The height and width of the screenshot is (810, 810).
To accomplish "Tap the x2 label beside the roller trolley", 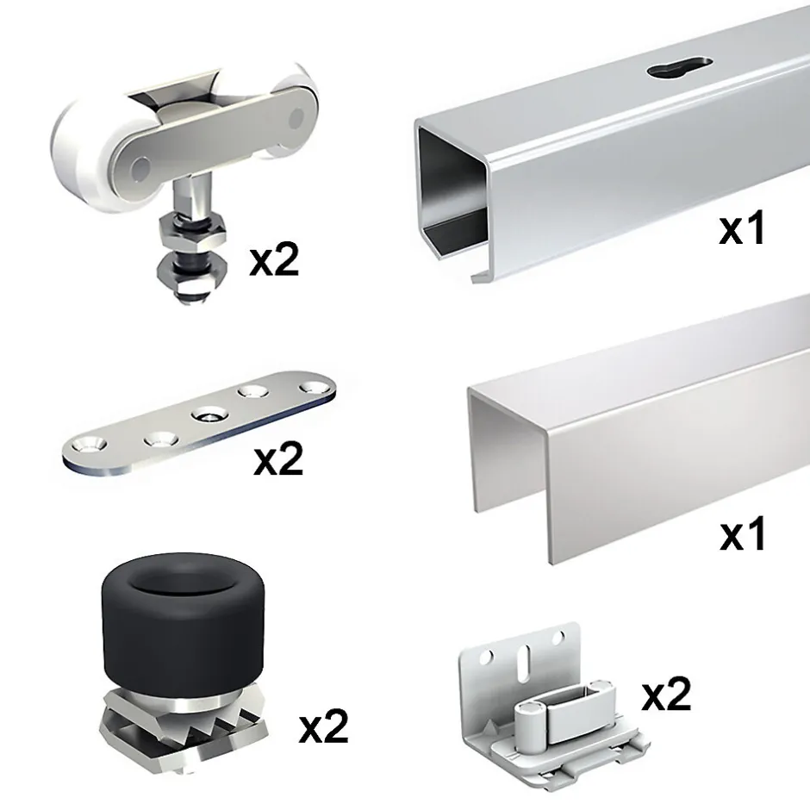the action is pos(274,261).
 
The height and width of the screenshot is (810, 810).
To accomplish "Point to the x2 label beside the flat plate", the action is pos(278,460).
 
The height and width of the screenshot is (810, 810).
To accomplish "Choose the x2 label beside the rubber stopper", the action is pos(324,726).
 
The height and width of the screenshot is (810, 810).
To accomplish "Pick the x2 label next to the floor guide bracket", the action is pos(666,694).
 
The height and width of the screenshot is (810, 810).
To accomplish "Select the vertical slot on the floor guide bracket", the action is pos(523,658).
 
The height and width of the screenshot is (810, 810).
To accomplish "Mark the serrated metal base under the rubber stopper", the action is pos(184,728).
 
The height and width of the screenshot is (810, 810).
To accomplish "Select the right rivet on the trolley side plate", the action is pos(296,118).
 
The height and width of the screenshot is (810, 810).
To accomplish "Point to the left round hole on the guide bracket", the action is pos(486,657).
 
